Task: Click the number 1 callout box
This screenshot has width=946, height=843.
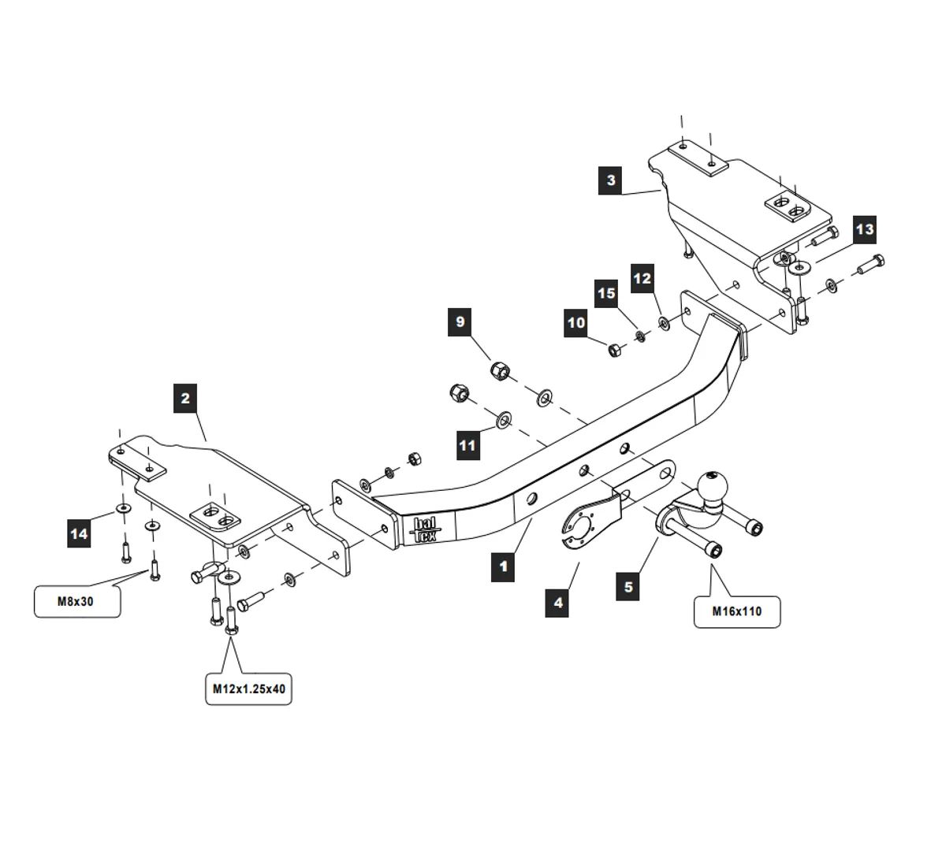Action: coord(502,566)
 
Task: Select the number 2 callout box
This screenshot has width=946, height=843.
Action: coord(185,398)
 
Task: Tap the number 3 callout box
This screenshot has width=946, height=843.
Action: coord(611,180)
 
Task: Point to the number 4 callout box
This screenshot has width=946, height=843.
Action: coord(557,603)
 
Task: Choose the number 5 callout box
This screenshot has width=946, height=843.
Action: coord(628,587)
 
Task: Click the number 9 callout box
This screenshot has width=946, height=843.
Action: coord(460,322)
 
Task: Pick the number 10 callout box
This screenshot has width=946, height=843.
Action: coord(576,323)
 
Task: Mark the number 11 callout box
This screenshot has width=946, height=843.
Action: coord(467,445)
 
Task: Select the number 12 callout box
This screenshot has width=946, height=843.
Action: coord(642,278)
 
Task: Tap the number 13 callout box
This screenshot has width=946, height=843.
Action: coord(864,229)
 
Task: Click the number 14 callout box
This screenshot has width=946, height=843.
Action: coord(79,534)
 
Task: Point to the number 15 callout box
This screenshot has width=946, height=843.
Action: coord(605,294)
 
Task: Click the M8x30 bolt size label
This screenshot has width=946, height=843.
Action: coord(77,601)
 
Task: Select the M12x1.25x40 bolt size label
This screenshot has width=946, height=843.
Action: coord(248,689)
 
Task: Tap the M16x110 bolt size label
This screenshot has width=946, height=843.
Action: coord(737,611)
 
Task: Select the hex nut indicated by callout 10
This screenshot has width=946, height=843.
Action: coord(614,349)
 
